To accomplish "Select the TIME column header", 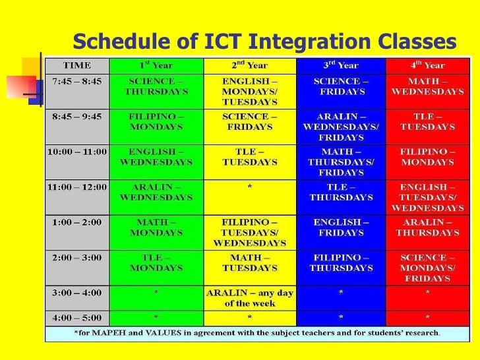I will click(77, 66).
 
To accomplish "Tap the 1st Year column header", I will click(156, 66).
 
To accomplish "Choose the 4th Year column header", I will click(427, 66).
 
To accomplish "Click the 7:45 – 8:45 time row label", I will click(77, 81).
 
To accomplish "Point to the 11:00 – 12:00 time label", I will click(77, 187).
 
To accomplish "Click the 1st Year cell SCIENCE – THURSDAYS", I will click(156, 86).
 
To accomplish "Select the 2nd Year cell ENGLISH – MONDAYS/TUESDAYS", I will click(250, 92).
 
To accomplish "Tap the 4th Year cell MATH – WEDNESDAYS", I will click(427, 86).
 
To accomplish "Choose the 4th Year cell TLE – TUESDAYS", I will click(427, 121).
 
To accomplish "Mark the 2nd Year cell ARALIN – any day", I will click(250, 297).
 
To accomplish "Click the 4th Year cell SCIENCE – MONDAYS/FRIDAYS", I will click(427, 268).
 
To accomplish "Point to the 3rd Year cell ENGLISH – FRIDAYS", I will click(341, 227).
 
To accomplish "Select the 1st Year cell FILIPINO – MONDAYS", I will click(156, 121).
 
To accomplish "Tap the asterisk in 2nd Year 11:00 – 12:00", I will click(250, 188).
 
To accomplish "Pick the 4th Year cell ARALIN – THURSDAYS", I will click(427, 227).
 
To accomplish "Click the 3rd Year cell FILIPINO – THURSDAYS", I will click(341, 263).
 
